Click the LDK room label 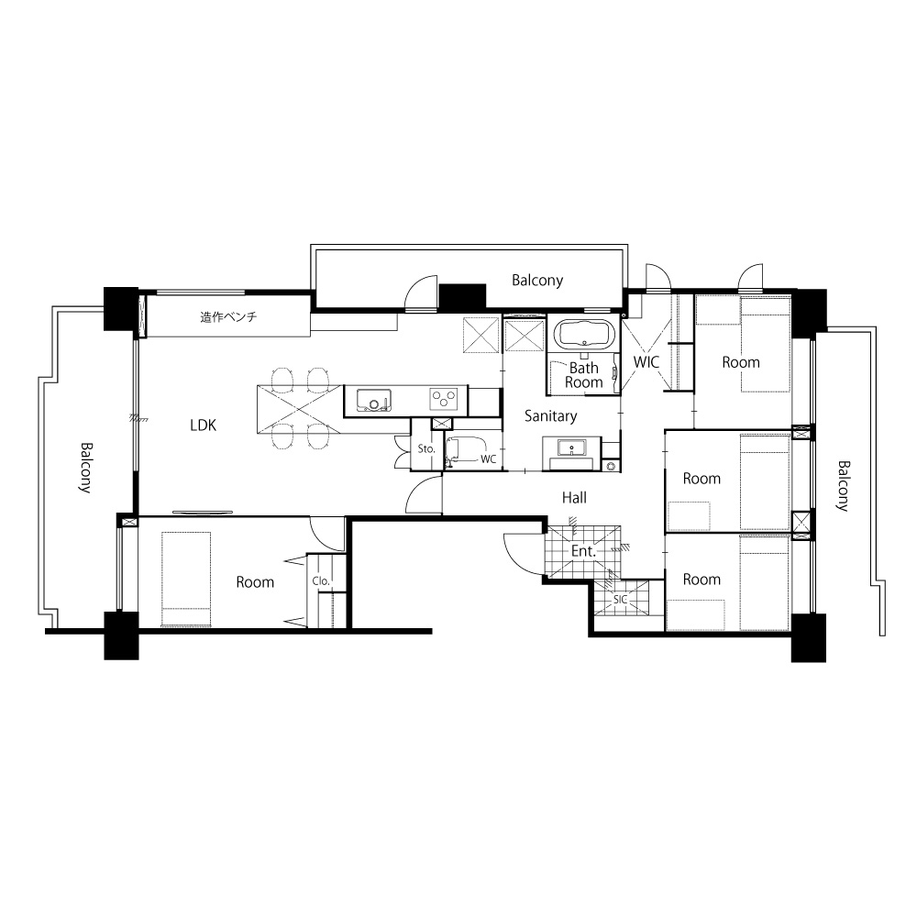pyautogui.click(x=203, y=425)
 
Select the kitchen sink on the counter pyautogui.click(x=374, y=401)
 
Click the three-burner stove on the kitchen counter pyautogui.click(x=444, y=400)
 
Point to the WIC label pyautogui.click(x=646, y=362)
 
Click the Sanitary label pyautogui.click(x=550, y=415)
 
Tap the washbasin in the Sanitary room pyautogui.click(x=571, y=448)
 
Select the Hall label pyautogui.click(x=574, y=498)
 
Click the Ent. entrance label pyautogui.click(x=583, y=551)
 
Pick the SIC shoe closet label pyautogui.click(x=620, y=600)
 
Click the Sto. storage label pyautogui.click(x=426, y=448)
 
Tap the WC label pyautogui.click(x=489, y=459)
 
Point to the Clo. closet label pyautogui.click(x=321, y=580)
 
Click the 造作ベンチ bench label pyautogui.click(x=228, y=317)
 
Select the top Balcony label pyautogui.click(x=537, y=280)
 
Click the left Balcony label pyautogui.click(x=86, y=468)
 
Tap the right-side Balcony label pyautogui.click(x=844, y=486)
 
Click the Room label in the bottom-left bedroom pyautogui.click(x=255, y=582)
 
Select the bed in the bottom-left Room pyautogui.click(x=186, y=579)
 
